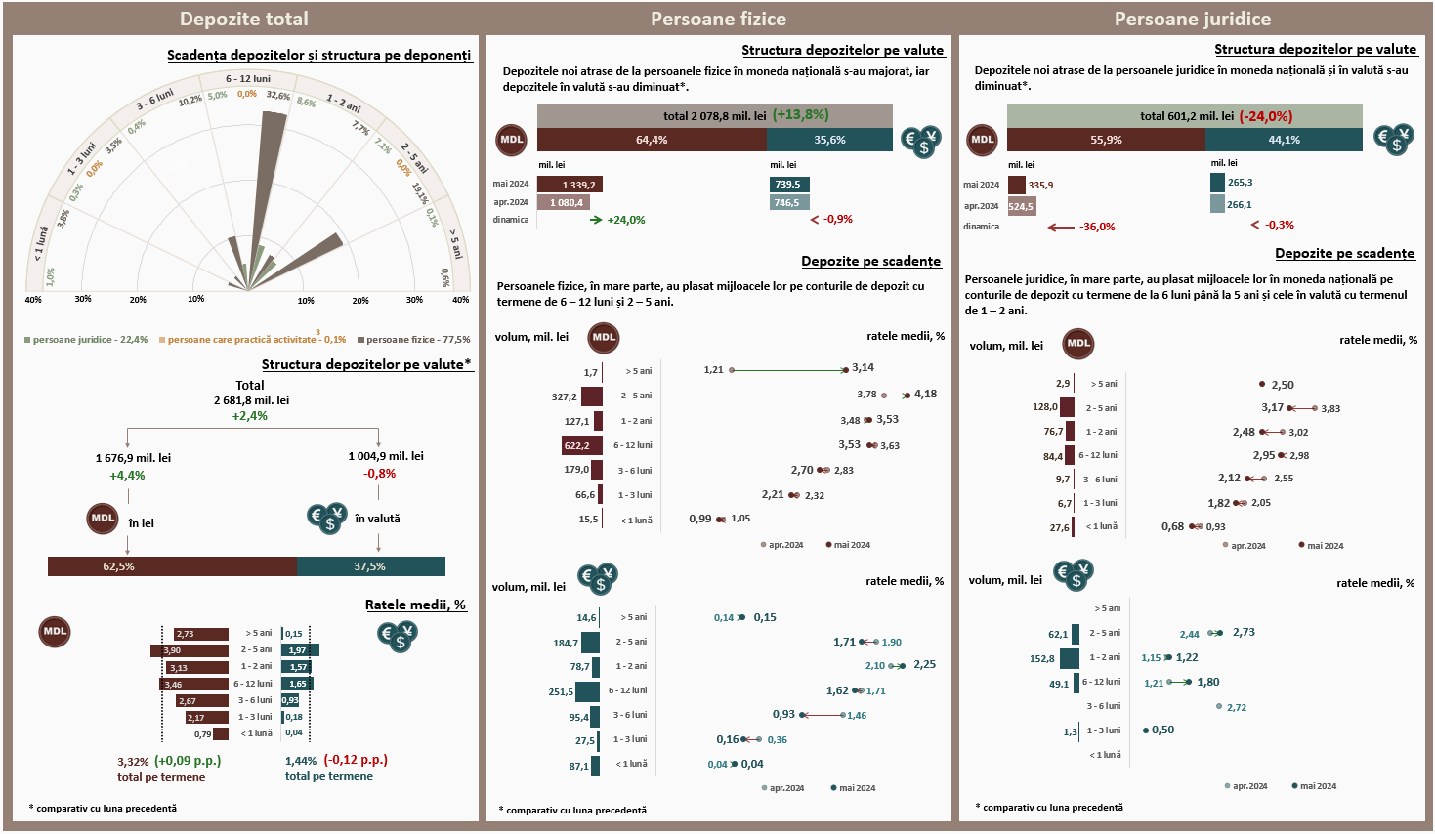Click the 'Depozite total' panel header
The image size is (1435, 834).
click(244, 19)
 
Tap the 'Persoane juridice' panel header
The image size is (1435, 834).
click(1192, 19)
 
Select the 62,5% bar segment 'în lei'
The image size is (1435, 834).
click(172, 566)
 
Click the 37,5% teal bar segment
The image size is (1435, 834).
click(370, 566)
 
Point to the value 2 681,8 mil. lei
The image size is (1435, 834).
click(251, 400)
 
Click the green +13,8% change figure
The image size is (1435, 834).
click(800, 115)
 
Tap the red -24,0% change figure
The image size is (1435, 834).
click(1265, 116)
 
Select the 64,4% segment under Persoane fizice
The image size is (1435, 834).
click(652, 140)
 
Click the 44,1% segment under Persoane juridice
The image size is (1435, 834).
click(1284, 140)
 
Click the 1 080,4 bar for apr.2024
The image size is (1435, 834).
click(567, 203)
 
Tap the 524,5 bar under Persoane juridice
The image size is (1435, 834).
click(1021, 207)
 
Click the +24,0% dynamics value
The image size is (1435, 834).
click(625, 220)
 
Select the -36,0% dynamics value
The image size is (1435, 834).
click(1096, 227)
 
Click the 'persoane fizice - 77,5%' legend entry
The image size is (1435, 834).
click(418, 340)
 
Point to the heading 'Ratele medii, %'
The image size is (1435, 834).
click(415, 605)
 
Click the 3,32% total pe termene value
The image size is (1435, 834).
click(133, 762)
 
